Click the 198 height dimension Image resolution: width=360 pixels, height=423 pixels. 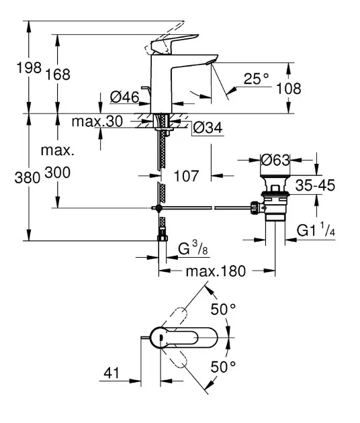[29, 67]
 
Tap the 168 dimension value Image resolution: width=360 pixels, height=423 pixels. [58, 74]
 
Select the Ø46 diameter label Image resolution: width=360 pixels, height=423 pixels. [124, 97]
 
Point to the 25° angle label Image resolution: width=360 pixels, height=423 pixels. [257, 79]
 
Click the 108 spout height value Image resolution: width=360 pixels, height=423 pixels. [289, 89]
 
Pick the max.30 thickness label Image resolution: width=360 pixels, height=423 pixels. [97, 122]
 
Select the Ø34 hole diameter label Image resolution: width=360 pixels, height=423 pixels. [208, 128]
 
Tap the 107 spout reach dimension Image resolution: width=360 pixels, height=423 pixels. [187, 176]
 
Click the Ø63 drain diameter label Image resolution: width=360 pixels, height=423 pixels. [275, 160]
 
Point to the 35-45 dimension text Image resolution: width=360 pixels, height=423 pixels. [315, 185]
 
